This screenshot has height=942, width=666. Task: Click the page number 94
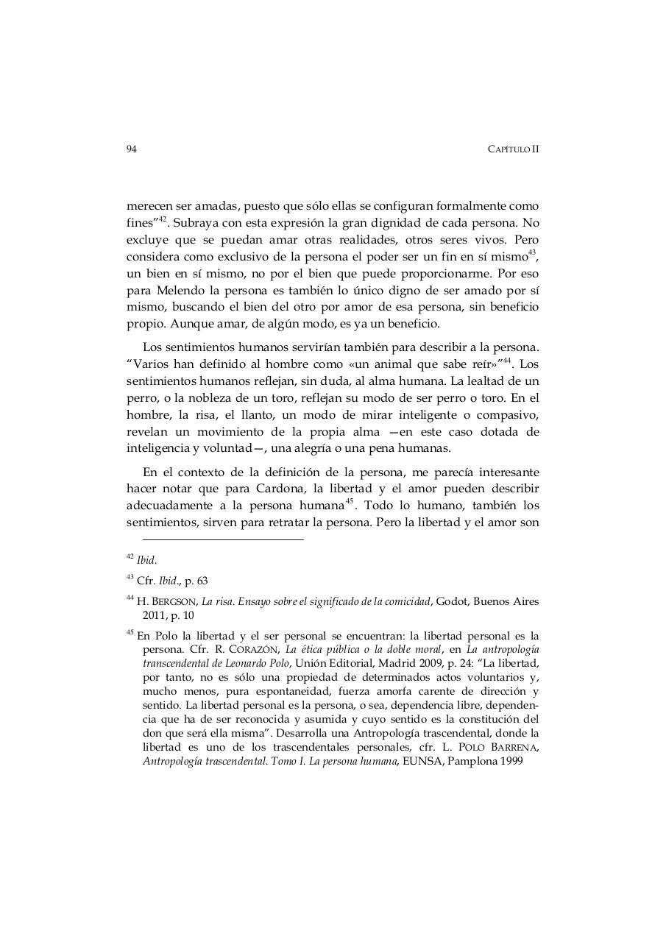pos(132,149)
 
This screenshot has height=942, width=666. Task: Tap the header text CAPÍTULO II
pos(514,149)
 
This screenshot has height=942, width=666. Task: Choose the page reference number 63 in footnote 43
pos(201,581)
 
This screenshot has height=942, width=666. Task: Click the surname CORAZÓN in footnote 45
pos(253,650)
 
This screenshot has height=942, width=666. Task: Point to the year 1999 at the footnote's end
pos(509,762)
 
